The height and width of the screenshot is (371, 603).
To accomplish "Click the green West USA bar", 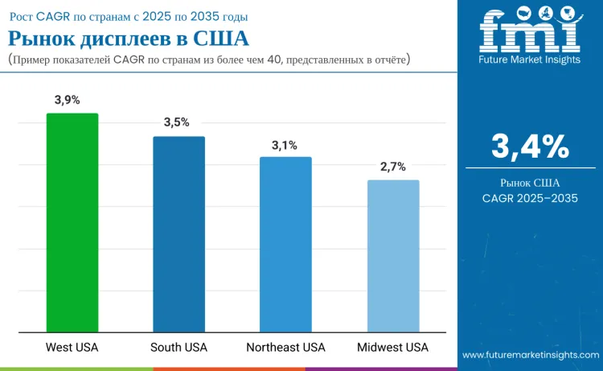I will [72, 222].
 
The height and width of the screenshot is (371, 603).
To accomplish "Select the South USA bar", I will [179, 234].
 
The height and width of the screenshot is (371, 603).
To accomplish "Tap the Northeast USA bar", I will [285, 244].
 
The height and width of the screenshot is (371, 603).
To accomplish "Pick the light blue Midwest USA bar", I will [393, 256].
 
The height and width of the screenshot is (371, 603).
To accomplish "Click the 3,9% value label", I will [68, 100].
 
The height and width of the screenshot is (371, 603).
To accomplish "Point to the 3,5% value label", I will [176, 122].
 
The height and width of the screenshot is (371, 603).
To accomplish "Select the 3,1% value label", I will [285, 145].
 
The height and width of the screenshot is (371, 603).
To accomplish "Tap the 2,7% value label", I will [393, 167].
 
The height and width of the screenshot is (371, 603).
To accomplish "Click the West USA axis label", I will [72, 348].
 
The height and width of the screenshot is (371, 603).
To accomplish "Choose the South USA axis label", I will [178, 348].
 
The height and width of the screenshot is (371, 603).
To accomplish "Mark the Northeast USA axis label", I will [285, 348].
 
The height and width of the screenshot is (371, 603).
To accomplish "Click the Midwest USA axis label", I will [393, 348].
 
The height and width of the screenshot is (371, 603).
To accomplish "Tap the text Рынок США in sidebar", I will [530, 183].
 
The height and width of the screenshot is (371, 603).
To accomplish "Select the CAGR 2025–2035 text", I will [530, 198].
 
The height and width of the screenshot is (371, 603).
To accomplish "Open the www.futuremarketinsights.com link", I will [530, 355].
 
